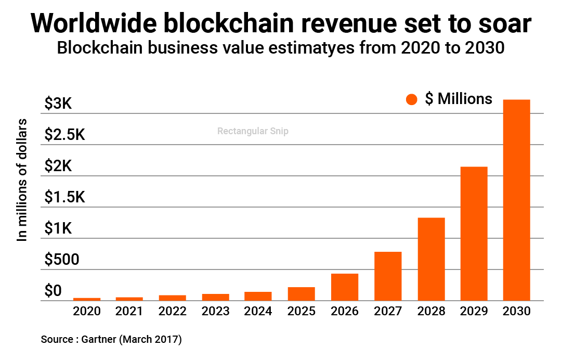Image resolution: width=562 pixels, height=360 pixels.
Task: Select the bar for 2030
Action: tap(516, 200)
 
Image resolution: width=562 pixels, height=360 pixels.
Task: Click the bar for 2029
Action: tap(474, 234)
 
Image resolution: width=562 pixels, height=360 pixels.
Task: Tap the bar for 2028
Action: tap(431, 259)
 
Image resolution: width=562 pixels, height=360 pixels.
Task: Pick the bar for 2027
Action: tap(388, 276)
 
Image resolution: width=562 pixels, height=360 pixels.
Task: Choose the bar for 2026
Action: tap(345, 287)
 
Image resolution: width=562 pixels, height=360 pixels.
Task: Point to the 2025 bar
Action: tap(302, 294)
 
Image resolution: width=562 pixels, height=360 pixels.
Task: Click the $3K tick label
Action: tap(58, 104)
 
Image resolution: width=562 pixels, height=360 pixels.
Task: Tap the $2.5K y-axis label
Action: tap(64, 135)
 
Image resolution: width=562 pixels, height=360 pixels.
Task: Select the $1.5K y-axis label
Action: tap(64, 197)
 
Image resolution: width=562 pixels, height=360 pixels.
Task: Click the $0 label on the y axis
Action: tap(53, 290)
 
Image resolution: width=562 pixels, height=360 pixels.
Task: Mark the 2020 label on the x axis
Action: tap(87, 312)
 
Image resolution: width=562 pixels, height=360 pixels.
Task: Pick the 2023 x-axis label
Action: tap(216, 312)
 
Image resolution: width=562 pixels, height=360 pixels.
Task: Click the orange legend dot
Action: tap(412, 100)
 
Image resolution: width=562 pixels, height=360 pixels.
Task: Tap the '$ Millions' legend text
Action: tap(459, 99)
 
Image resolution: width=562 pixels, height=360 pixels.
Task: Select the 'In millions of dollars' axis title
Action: tap(22, 179)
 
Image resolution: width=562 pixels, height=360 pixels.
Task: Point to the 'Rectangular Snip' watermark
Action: tap(253, 132)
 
